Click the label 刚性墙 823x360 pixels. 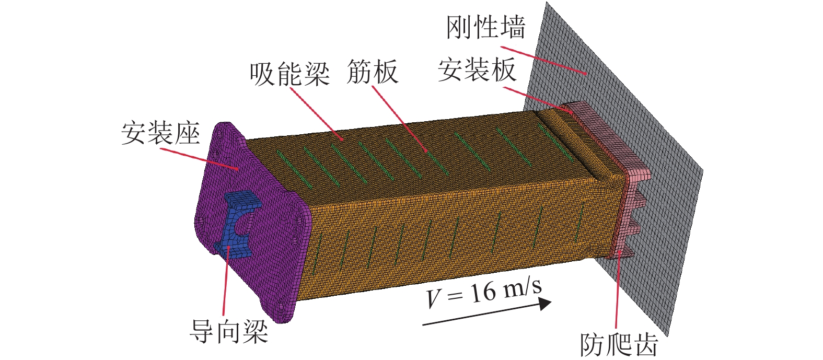click(x=485, y=27)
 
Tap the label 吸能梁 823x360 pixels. click(x=289, y=74)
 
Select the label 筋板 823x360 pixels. click(x=372, y=72)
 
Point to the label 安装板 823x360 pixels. click(x=477, y=70)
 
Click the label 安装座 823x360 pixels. click(x=160, y=134)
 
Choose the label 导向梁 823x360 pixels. click(x=228, y=331)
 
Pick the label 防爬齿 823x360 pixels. click(x=619, y=344)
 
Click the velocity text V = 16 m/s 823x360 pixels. click(x=483, y=294)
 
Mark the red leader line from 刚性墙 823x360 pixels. click(x=543, y=61)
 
